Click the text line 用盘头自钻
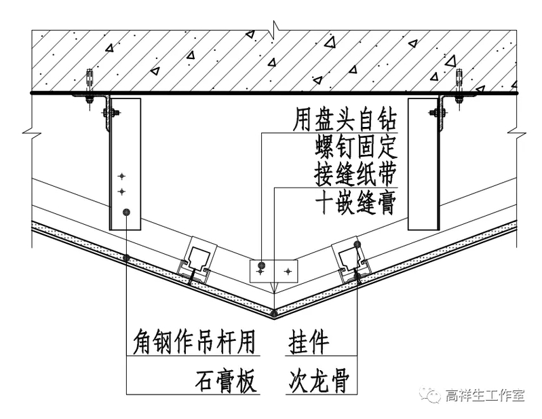tap(345, 121)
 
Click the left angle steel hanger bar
tap(124, 163)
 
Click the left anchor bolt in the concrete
tap(90, 81)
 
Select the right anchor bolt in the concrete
tap(459, 81)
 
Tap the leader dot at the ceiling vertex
tap(273, 314)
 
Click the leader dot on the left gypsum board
tap(127, 257)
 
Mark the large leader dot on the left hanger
tap(126, 213)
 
